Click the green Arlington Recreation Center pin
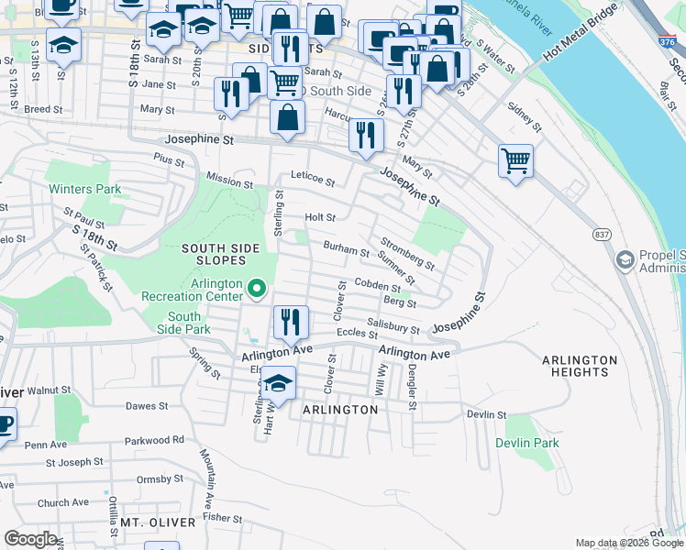[x=257, y=291]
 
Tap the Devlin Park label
[x=526, y=443]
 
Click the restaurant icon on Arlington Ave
[x=290, y=323]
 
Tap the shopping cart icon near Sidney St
[x=515, y=161]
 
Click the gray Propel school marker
[x=625, y=260]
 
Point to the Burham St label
[x=346, y=248]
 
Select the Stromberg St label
[x=406, y=251]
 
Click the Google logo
[x=30, y=539]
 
